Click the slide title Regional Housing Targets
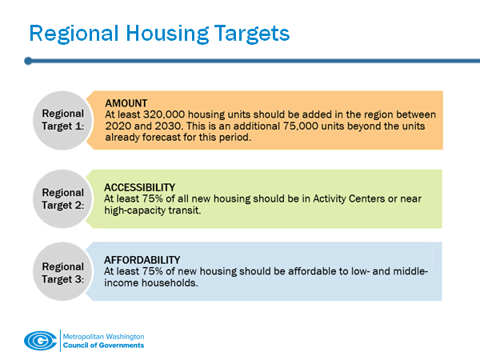coord(159,33)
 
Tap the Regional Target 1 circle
coord(62,119)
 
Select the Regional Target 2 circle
coord(62,198)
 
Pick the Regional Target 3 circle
coord(62,271)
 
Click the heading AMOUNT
coord(126,102)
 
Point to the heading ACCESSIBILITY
coord(140,186)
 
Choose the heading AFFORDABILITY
coord(142,260)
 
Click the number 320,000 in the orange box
coord(162,114)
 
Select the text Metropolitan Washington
coord(103,336)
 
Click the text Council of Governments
coord(103,345)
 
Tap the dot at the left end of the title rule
coord(28,60)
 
